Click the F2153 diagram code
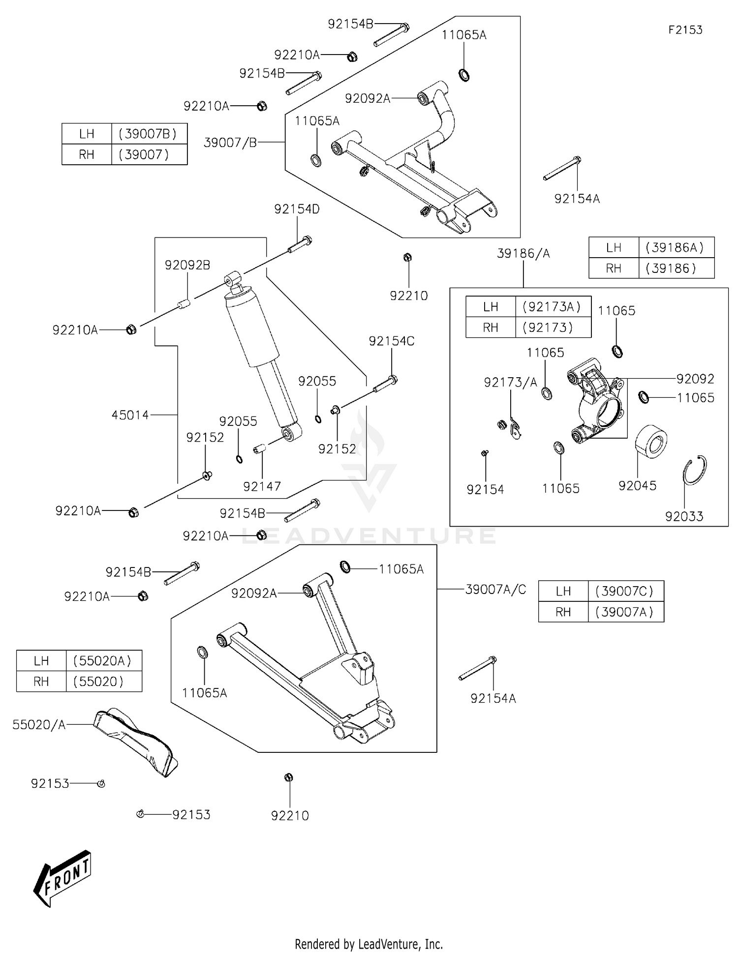[x=685, y=30]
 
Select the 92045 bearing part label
[x=637, y=486]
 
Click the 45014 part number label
[x=130, y=415]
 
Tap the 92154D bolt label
[x=297, y=209]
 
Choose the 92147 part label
[x=262, y=486]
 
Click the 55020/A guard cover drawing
[x=135, y=742]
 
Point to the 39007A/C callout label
[x=495, y=589]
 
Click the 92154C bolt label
[x=392, y=341]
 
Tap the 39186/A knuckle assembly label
[x=523, y=254]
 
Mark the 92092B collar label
[x=187, y=265]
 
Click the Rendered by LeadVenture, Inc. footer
[x=369, y=944]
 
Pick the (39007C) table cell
[x=624, y=591]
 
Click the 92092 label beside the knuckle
[x=695, y=379]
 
